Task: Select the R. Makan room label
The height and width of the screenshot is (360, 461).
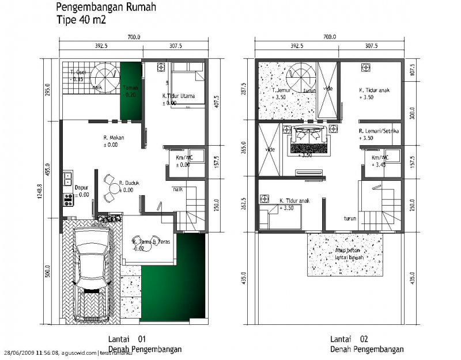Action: click(x=114, y=138)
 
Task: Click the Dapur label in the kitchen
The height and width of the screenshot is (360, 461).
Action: click(x=81, y=187)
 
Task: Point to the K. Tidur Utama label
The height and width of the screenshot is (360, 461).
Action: click(x=177, y=96)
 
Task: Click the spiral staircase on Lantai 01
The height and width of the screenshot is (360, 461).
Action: click(x=105, y=75)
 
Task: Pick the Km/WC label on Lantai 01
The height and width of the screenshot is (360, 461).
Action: click(x=183, y=158)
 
